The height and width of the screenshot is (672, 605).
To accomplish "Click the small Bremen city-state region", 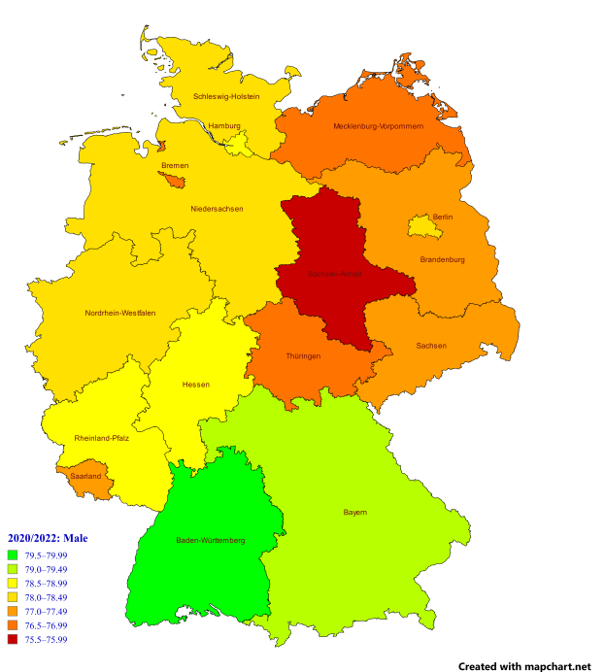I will (x=175, y=180).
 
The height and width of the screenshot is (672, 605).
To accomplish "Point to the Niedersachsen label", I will (x=217, y=209).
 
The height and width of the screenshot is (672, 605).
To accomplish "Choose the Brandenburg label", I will (x=442, y=259).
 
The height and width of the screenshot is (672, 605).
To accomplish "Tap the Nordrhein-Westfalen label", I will (x=120, y=313).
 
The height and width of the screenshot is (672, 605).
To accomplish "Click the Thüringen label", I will (x=303, y=356).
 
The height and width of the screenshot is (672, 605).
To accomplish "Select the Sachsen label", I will (x=431, y=346).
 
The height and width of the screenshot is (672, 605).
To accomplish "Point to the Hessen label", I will (x=195, y=385).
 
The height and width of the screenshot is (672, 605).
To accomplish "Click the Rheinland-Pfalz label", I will (x=102, y=439).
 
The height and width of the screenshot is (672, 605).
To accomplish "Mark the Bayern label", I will (x=355, y=512).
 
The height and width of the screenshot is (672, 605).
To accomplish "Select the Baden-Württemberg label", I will (x=210, y=540).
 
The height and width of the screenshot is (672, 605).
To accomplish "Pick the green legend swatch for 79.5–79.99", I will (x=14, y=555).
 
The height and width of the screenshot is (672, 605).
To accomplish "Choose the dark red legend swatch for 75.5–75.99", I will (x=14, y=640).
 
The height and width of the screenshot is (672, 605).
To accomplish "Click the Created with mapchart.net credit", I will (x=524, y=666).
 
